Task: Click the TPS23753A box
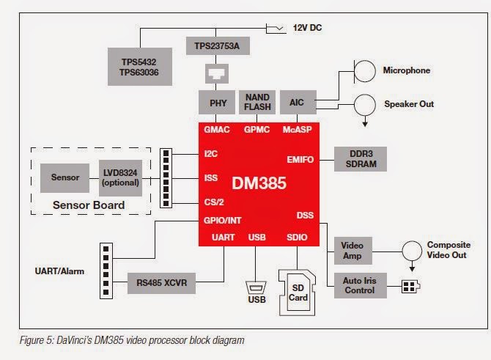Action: click(218, 46)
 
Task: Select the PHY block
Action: click(217, 103)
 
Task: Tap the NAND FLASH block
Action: click(257, 102)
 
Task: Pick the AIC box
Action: click(298, 102)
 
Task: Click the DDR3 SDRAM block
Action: click(361, 159)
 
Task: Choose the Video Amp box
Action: click(353, 251)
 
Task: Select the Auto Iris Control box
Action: click(361, 285)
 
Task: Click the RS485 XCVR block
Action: click(161, 283)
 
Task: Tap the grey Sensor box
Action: click(64, 177)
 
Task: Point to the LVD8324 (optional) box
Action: click(121, 178)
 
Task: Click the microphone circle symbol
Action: click(365, 71)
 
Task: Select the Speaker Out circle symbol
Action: click(365, 105)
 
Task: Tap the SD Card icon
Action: click(298, 293)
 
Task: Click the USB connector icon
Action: click(256, 287)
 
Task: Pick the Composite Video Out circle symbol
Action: click(412, 251)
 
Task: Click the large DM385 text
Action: click(259, 183)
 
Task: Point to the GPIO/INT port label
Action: click(222, 221)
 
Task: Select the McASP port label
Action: click(298, 130)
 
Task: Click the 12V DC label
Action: click(307, 28)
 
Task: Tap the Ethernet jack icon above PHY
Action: click(217, 73)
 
